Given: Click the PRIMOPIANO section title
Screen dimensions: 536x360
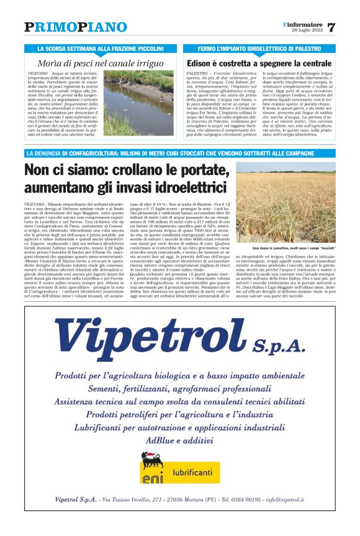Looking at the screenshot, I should [x=75, y=27].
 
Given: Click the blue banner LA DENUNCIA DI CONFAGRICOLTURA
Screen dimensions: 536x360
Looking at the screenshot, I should [x=179, y=153].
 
